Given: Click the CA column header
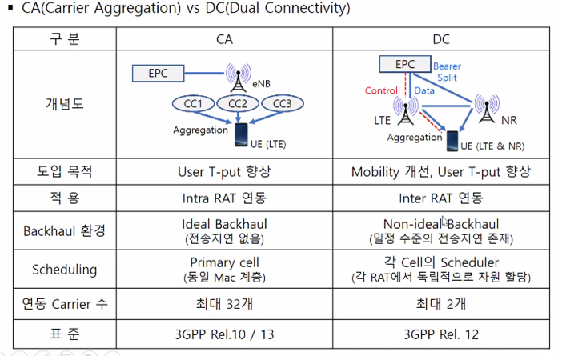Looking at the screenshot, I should coord(225,39).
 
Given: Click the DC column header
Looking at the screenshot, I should coord(440,39).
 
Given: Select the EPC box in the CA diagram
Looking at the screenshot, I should coord(159,74).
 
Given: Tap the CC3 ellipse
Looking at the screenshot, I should coord(282,105).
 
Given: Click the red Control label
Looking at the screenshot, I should coord(381,90).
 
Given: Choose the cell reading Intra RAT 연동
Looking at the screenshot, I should coord(225,198).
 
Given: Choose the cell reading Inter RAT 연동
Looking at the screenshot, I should coord(440,198).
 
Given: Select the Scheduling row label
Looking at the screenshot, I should coord(64,270).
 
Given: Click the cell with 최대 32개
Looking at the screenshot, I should coord(225,305).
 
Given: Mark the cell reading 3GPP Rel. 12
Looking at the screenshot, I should coord(440,334).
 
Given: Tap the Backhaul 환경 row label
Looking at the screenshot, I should coord(64,231).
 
